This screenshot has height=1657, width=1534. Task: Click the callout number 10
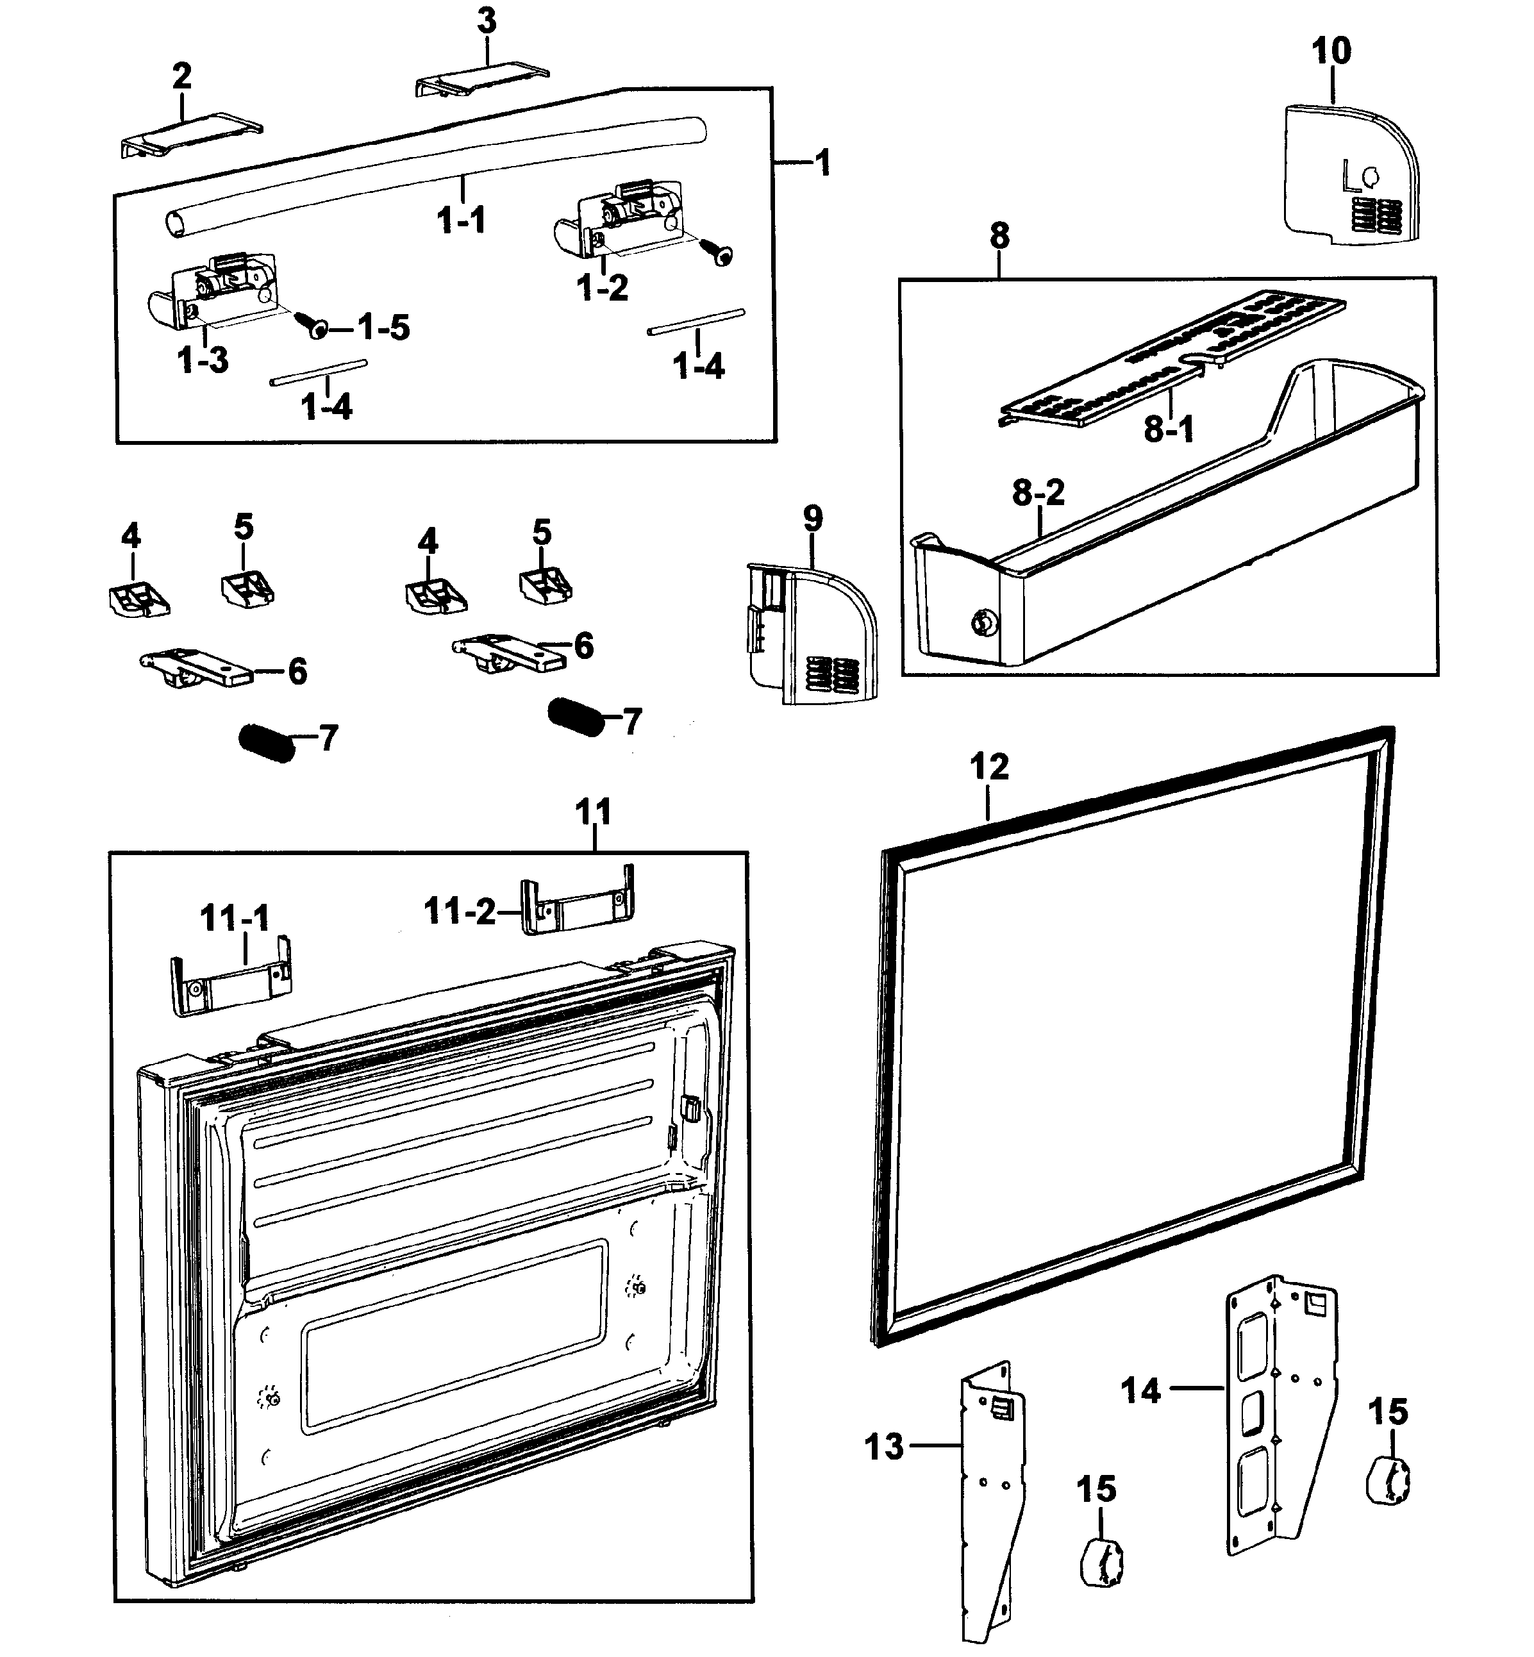tap(1331, 51)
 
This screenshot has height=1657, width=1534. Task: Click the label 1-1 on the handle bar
tap(461, 221)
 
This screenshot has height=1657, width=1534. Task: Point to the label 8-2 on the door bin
tap(1038, 493)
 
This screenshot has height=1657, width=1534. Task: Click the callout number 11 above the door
tap(593, 811)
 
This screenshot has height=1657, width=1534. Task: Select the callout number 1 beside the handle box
tap(822, 163)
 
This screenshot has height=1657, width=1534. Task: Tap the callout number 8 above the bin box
tap(999, 236)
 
